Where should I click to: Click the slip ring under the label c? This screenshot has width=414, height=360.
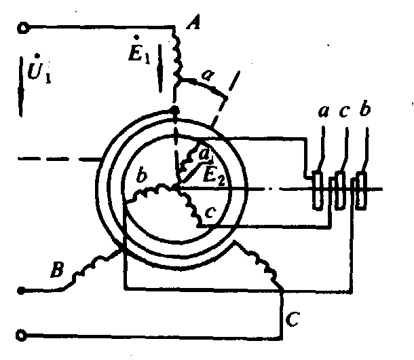(x=341, y=190)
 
